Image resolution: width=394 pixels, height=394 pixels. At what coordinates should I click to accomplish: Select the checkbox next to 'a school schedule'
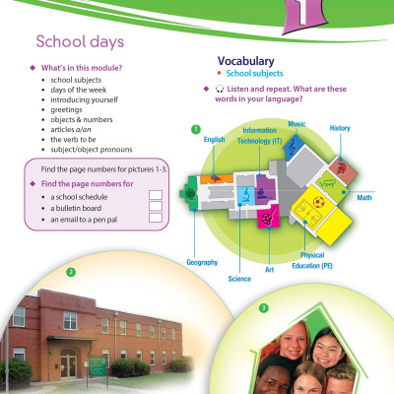coord(154,196)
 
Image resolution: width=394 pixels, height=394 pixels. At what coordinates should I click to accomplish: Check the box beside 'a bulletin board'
coord(154,207)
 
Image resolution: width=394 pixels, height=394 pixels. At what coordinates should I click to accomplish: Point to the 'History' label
coord(340,128)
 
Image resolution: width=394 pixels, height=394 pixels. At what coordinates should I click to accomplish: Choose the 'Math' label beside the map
coord(364,198)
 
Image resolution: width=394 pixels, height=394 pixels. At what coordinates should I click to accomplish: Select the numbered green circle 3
coord(263,307)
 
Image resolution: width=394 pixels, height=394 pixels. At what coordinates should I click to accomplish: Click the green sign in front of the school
coord(97,365)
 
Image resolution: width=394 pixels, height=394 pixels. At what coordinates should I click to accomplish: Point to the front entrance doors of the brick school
coord(68,362)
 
